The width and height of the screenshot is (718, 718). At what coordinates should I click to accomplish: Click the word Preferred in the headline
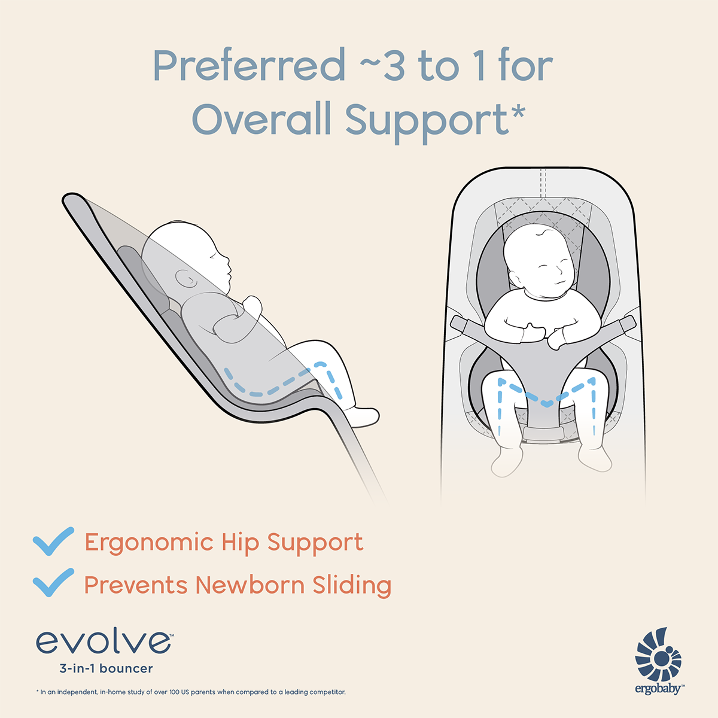coord(249,66)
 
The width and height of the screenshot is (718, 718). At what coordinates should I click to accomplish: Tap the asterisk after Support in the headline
coord(518,111)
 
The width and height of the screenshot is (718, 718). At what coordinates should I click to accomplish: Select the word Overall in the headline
coord(261,120)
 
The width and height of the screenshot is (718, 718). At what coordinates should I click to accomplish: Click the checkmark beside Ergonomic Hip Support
coord(53,541)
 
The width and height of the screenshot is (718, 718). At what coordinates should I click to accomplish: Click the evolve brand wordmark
coord(104,642)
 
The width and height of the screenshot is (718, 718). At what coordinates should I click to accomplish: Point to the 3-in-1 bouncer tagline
coord(106,668)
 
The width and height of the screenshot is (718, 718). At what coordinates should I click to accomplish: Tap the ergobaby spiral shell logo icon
coord(659,655)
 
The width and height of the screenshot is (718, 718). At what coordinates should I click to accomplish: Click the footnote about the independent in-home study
coord(191,692)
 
